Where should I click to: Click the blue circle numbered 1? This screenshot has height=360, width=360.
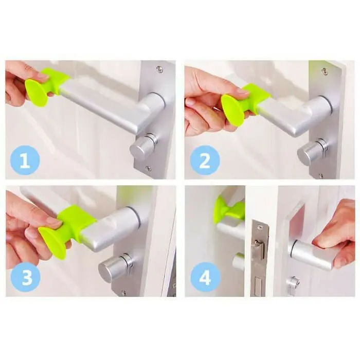pyautogui.click(x=25, y=160)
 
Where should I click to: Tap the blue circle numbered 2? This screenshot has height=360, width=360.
pyautogui.click(x=205, y=160)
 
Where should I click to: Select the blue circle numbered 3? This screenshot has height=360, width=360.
pyautogui.click(x=26, y=277)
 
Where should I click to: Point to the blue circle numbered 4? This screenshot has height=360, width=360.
pyautogui.click(x=205, y=277)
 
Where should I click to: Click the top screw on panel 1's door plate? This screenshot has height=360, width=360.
pyautogui.click(x=159, y=69)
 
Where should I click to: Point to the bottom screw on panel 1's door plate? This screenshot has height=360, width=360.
pyautogui.click(x=149, y=169)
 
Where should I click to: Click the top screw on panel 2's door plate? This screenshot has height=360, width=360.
pyautogui.click(x=324, y=71)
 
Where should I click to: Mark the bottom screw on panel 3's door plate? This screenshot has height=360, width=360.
pyautogui.click(x=124, y=293)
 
